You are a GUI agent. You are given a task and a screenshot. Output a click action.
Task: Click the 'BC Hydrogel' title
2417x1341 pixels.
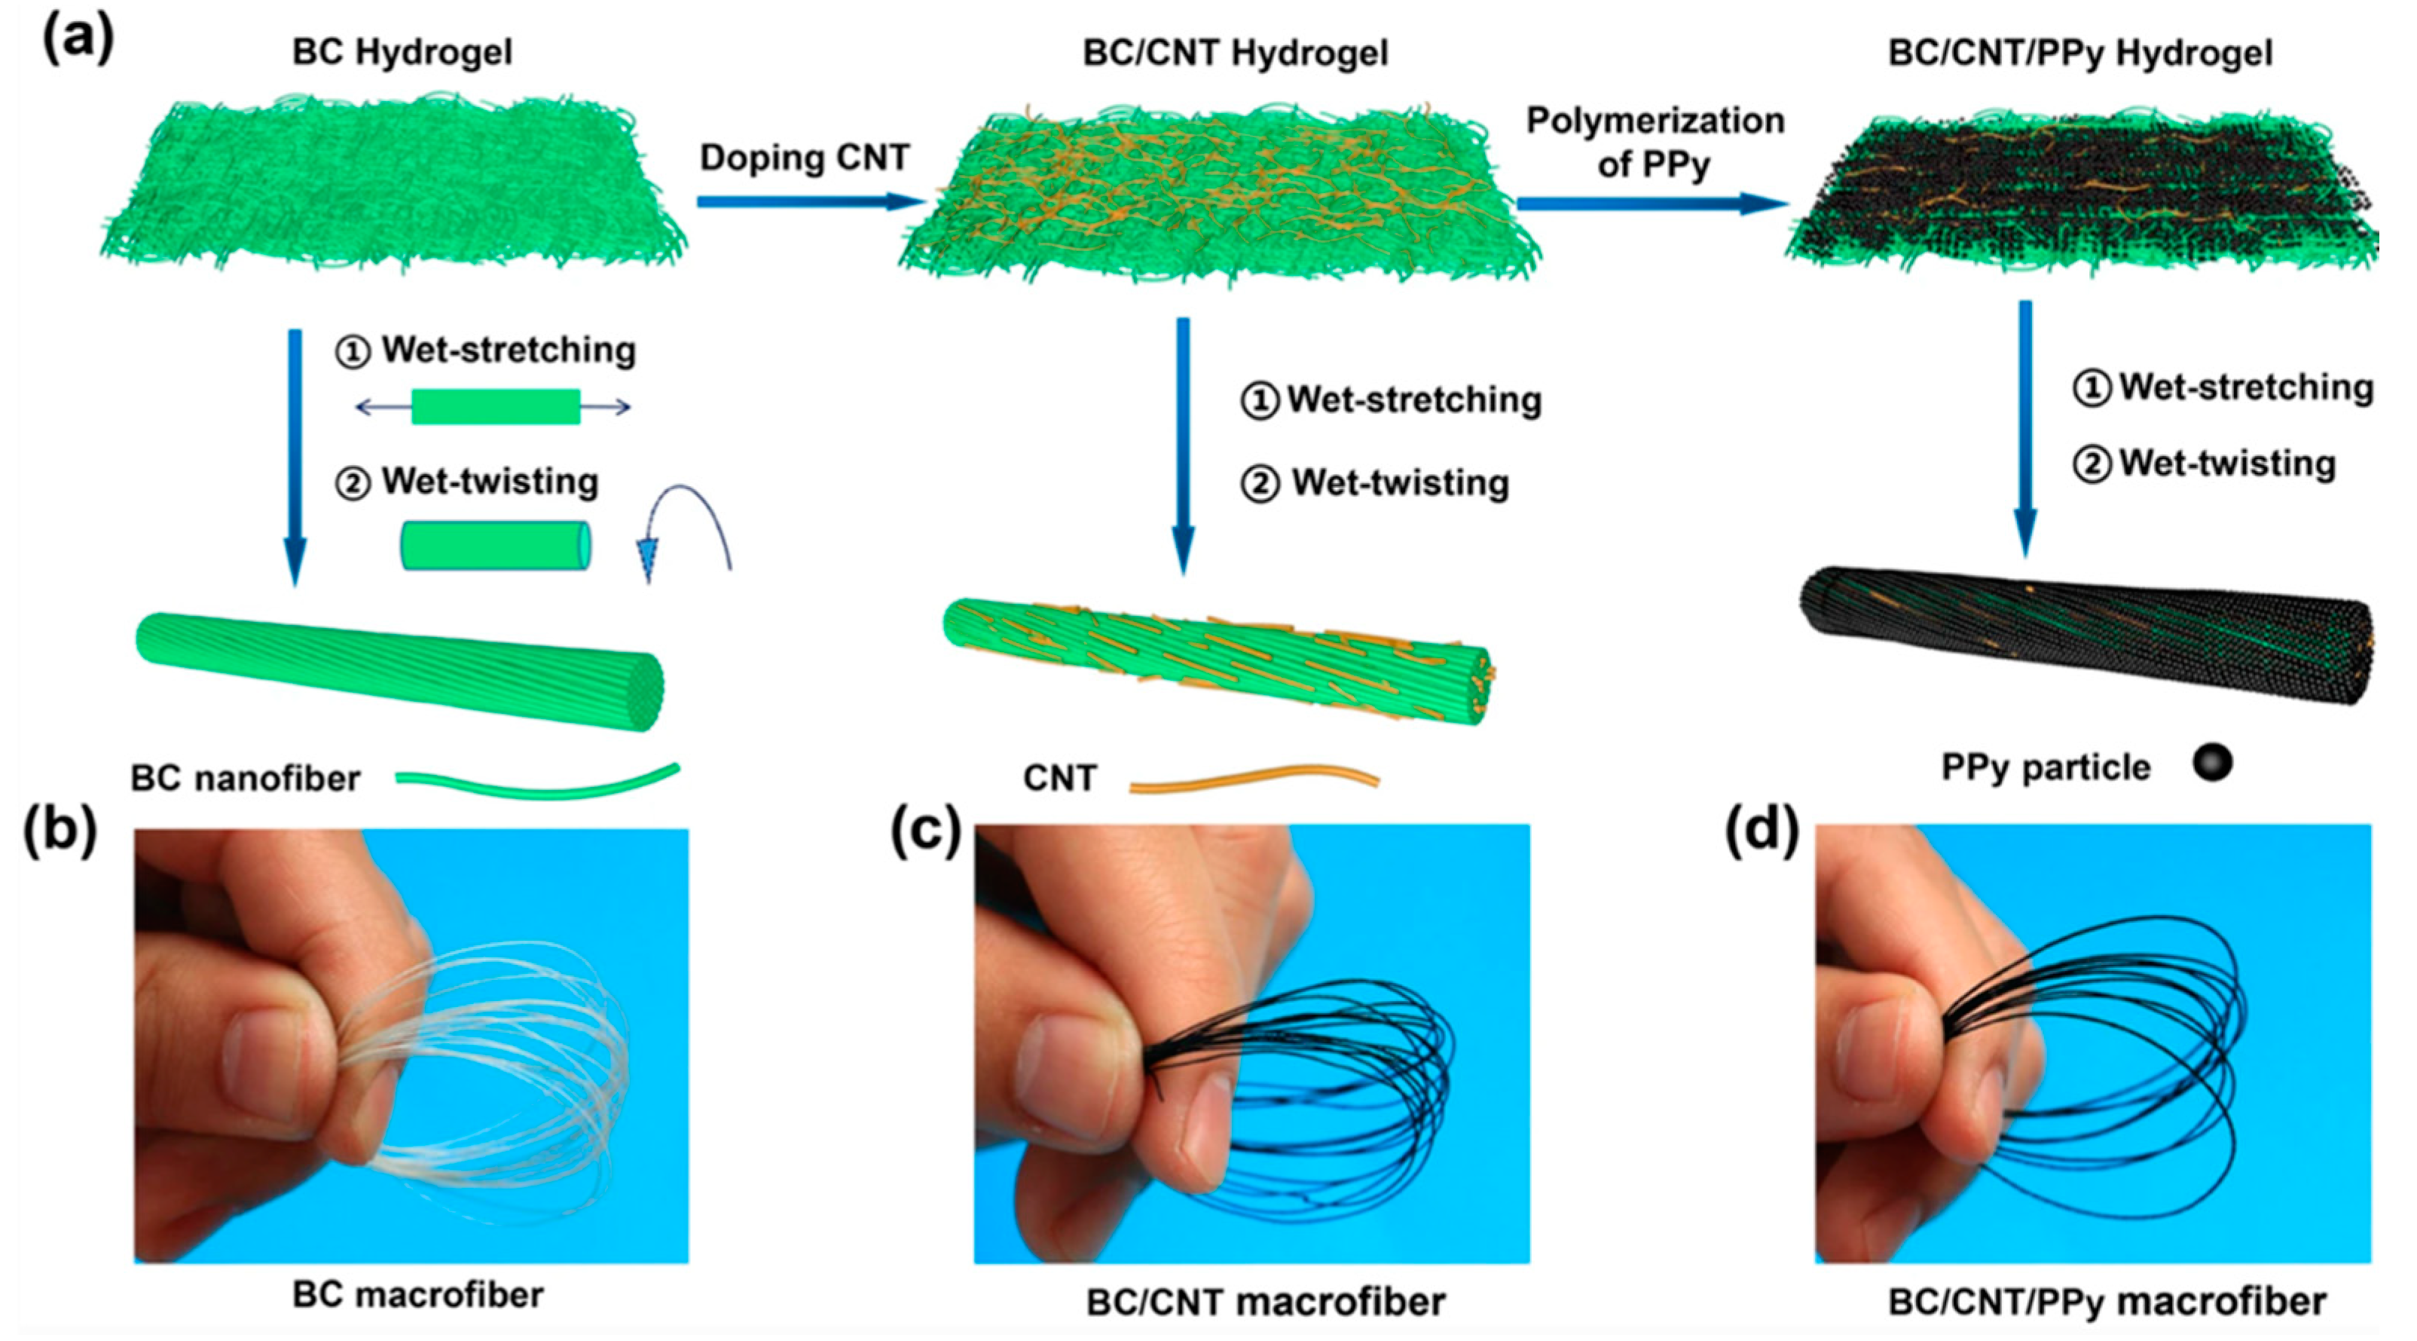[x=402, y=51]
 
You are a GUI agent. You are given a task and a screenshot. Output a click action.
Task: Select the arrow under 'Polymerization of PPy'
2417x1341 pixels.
[x=1652, y=203]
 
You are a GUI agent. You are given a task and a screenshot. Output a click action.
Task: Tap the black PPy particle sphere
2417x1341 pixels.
[x=2213, y=762]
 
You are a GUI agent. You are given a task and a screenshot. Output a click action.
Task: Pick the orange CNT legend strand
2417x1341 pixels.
[x=1254, y=778]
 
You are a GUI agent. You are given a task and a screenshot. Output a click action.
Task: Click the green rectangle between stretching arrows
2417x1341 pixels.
[x=496, y=406]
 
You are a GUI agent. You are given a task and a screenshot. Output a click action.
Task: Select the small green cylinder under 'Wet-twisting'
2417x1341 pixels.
[x=496, y=545]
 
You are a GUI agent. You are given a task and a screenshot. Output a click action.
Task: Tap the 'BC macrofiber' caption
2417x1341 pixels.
[x=417, y=1295]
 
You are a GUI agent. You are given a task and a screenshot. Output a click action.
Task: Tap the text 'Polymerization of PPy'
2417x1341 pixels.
[x=1655, y=142]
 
